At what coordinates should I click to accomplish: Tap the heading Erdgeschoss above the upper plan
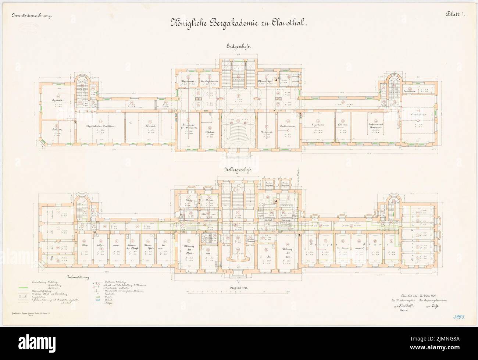[x=239, y=47]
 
